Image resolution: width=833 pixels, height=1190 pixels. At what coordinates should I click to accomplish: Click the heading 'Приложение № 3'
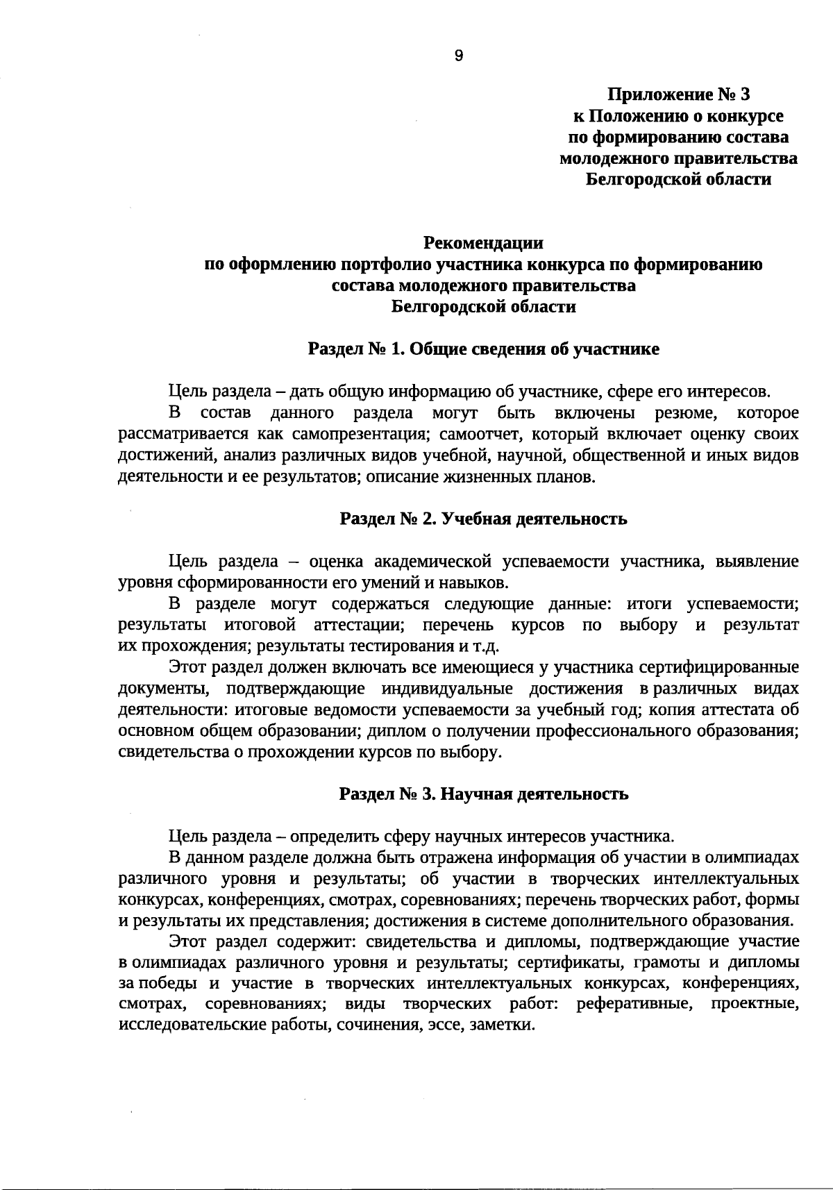(679, 94)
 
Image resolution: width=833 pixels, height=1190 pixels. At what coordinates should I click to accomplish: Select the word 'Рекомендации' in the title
(483, 243)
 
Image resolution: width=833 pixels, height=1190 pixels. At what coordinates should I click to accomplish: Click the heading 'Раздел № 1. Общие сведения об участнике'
(483, 349)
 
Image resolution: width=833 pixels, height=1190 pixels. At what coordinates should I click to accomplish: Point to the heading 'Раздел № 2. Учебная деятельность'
(483, 519)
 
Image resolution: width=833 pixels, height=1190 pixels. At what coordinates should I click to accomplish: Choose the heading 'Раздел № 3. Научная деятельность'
(483, 794)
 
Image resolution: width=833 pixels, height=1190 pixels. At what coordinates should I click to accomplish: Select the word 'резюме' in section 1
(686, 413)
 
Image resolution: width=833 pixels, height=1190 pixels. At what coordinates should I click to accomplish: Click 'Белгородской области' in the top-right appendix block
(678, 180)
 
